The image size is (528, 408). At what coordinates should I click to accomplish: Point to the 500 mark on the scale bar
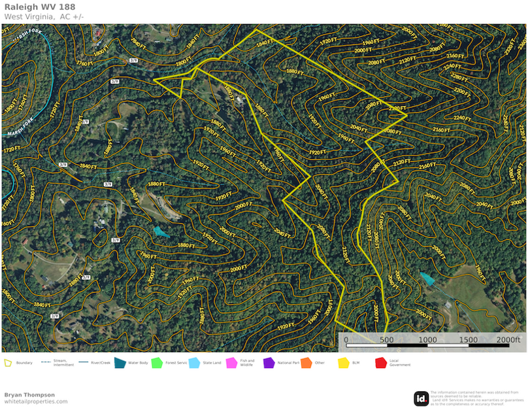pos(386,340)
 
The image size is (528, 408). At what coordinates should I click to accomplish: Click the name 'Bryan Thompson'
pos(29,395)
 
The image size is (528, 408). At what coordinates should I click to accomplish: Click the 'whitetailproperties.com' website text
pos(36,401)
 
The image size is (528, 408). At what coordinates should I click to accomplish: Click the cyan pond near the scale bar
pos(428,278)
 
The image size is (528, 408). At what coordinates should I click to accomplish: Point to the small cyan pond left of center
pos(160,231)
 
